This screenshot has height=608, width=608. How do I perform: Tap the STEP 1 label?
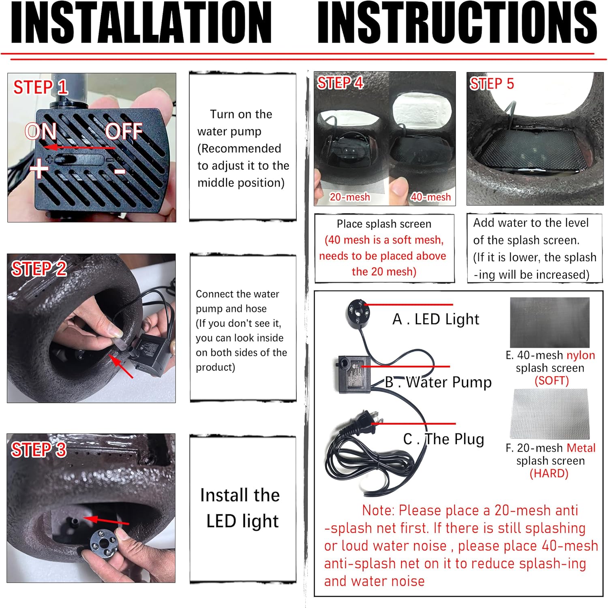(40, 87)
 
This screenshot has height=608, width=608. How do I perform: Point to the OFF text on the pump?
(124, 131)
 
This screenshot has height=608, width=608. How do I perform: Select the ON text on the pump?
(41, 131)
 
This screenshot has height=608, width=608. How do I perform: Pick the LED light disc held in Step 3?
(103, 542)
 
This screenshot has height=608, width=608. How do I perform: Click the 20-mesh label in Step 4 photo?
(349, 197)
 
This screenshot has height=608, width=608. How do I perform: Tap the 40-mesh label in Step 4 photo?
(430, 197)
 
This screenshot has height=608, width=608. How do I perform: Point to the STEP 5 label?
(492, 84)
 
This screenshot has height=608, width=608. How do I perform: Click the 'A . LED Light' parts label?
(436, 319)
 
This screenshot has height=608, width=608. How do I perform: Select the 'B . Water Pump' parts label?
(438, 382)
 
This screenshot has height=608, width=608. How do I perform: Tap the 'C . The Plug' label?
(444, 439)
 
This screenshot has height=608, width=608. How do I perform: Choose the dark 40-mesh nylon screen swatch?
(550, 323)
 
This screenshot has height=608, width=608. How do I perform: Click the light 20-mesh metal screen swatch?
(549, 413)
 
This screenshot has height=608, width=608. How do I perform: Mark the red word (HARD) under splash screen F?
(549, 473)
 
